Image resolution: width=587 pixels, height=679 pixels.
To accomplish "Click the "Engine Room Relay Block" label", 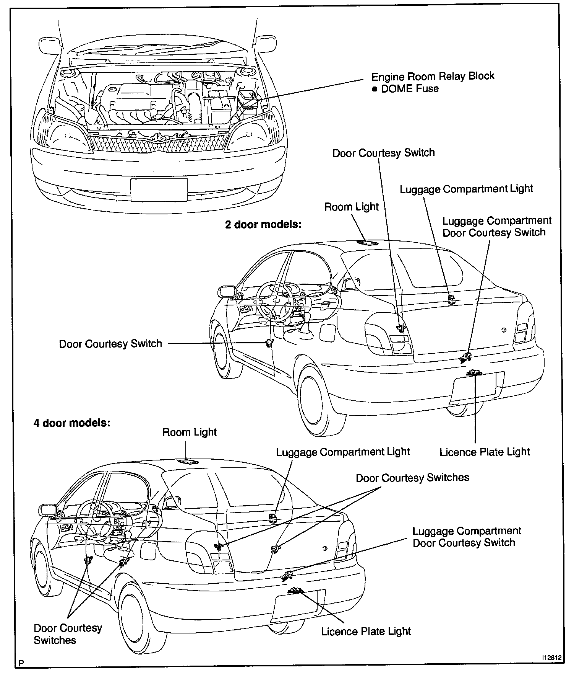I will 433,77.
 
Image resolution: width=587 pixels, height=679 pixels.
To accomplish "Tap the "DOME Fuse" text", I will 410,89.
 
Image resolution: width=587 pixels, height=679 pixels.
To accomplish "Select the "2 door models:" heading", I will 263,224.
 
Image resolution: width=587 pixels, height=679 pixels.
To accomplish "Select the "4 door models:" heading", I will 72,423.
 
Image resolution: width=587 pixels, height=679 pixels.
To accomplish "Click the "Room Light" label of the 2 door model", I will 351,207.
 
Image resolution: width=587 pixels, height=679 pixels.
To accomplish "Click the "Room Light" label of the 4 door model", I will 189,433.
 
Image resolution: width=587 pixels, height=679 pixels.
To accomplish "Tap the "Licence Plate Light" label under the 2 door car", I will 485,452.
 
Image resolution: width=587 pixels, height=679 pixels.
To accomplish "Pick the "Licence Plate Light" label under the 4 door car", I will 366,632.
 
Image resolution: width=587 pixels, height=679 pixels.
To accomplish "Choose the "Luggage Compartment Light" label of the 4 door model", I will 343,452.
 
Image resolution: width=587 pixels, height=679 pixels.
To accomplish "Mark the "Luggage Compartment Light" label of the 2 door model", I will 466,189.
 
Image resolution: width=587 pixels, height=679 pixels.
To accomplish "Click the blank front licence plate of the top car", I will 159,190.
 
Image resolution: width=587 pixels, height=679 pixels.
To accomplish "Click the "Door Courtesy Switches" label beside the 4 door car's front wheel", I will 68,634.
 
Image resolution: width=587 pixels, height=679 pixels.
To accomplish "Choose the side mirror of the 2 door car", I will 227,291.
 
